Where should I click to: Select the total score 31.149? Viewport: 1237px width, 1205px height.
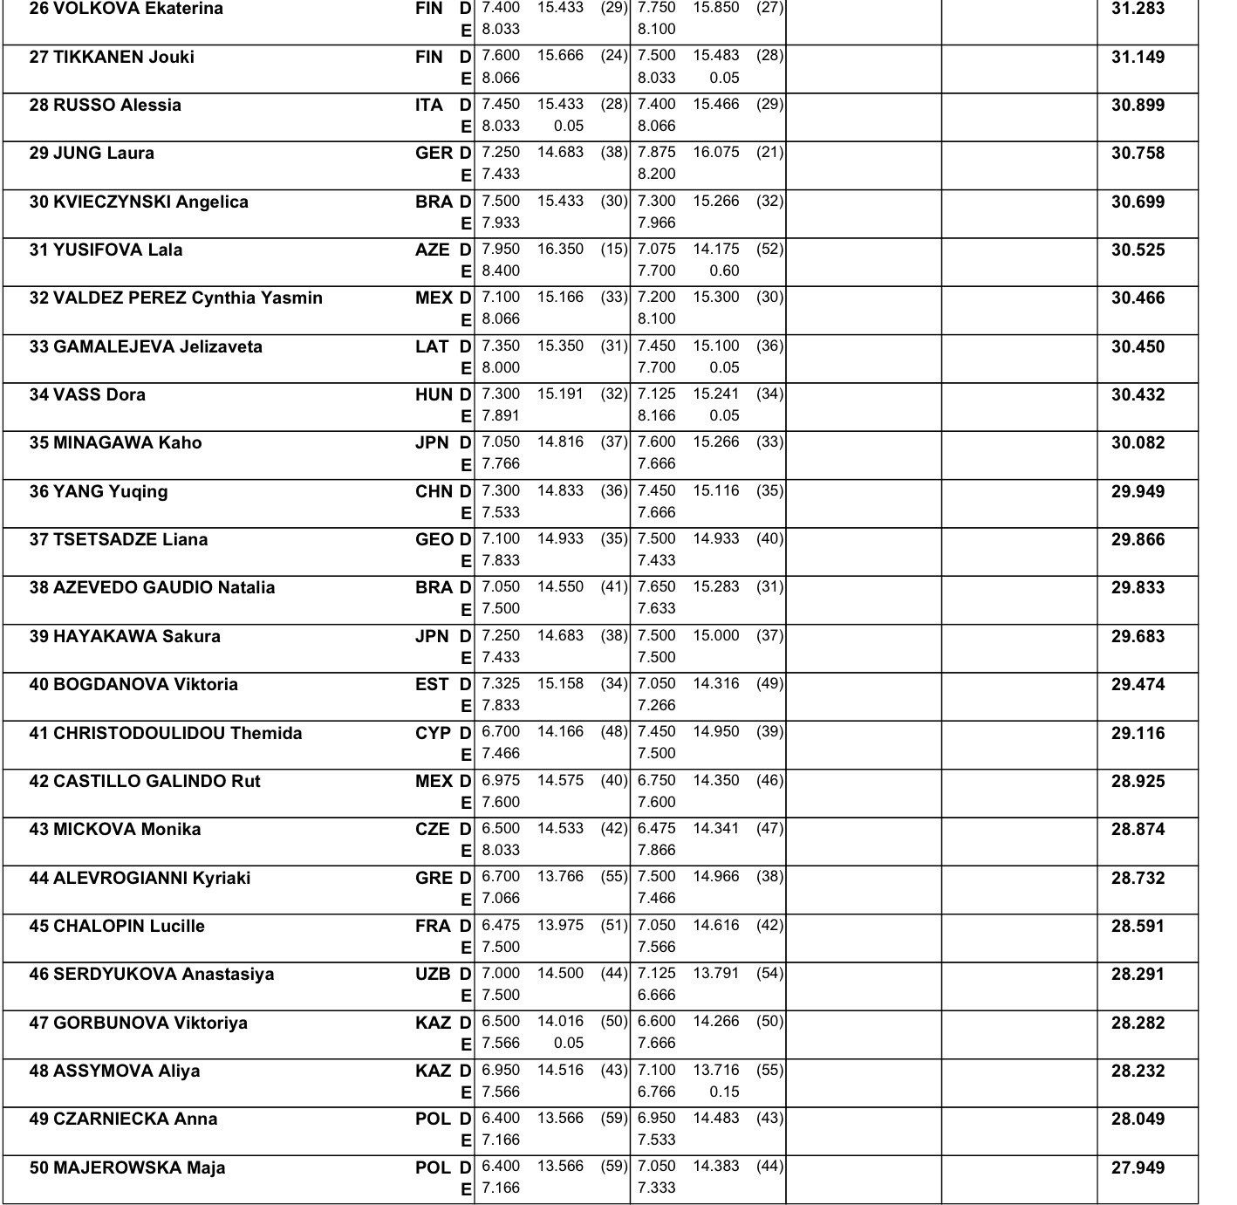pos(1138,58)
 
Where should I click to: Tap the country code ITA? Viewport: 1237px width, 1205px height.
pos(428,106)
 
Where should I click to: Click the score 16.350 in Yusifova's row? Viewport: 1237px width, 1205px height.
pos(560,250)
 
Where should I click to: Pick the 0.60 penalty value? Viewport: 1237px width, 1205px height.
pos(724,271)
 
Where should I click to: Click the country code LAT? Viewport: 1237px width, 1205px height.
pos(431,347)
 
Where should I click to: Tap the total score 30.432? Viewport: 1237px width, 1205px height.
pos(1138,395)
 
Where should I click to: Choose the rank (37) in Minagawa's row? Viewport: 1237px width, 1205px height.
pos(613,442)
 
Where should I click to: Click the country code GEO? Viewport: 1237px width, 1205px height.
pos(434,540)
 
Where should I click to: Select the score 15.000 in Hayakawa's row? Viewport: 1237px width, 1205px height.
pos(715,636)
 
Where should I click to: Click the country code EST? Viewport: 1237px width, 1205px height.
pos(432,685)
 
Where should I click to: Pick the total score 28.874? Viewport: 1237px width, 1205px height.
pos(1138,830)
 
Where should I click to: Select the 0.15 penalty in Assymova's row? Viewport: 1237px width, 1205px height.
pos(724,1092)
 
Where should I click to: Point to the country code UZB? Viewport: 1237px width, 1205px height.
pos(433,975)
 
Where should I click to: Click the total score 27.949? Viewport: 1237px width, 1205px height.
pos(1138,1168)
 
